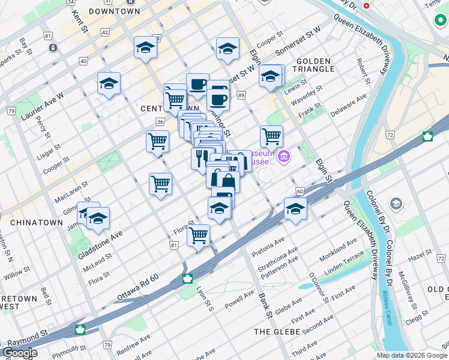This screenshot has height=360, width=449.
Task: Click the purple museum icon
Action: (284, 157)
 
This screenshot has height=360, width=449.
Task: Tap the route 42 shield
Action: (105, 32)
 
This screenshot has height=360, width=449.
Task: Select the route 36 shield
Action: (160, 122)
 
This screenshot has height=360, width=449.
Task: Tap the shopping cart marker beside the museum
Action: (271, 136)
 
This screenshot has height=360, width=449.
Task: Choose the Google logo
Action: (20, 353)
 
